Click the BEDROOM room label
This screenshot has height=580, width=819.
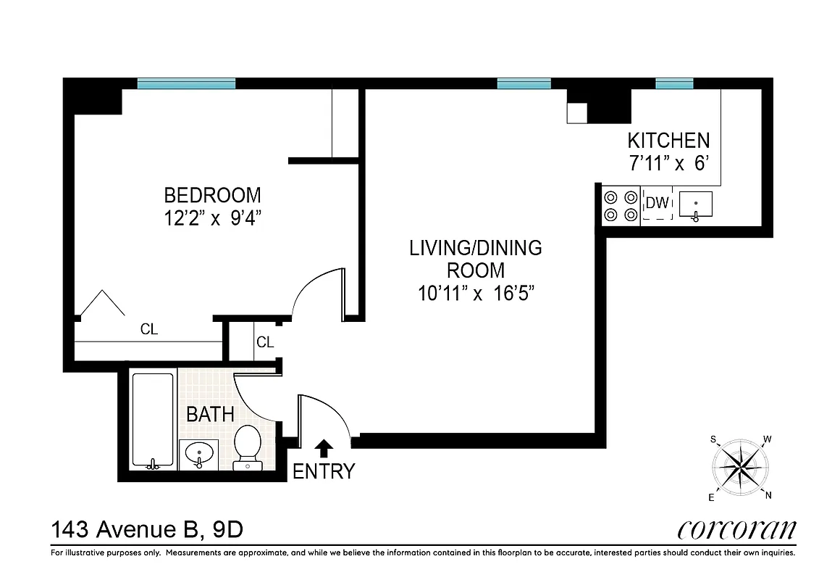(212, 195)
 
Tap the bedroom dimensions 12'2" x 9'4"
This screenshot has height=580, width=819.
(212, 219)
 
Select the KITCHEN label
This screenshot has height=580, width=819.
(668, 140)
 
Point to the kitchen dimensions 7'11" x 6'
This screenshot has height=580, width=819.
(668, 164)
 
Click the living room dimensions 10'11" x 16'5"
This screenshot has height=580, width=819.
(475, 294)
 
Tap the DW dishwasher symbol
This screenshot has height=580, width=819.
(657, 204)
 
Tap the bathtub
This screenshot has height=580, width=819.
(153, 420)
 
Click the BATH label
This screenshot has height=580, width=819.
(210, 415)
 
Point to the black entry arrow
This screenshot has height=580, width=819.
(324, 449)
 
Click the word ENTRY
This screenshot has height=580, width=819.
(324, 472)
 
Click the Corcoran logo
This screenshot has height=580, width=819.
(736, 530)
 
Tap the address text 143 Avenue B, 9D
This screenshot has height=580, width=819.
(146, 530)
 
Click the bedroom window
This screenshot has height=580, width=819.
(186, 83)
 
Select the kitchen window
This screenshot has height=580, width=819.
(674, 83)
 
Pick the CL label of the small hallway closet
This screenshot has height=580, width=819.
(265, 342)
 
